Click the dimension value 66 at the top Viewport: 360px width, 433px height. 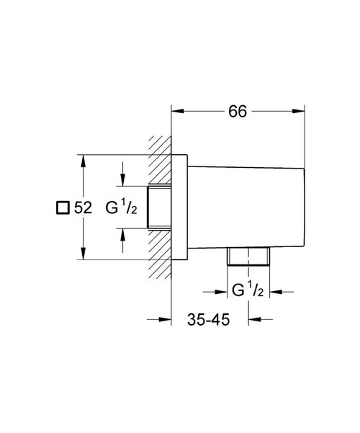click(x=238, y=111)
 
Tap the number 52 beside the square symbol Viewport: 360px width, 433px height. click(x=83, y=207)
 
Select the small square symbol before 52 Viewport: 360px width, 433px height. click(x=62, y=207)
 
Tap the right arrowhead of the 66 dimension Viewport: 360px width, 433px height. click(x=296, y=111)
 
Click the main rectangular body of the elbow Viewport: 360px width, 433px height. click(x=241, y=207)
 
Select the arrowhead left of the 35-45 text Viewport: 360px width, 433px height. click(x=165, y=320)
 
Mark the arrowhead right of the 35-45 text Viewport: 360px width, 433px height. click(x=254, y=320)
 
